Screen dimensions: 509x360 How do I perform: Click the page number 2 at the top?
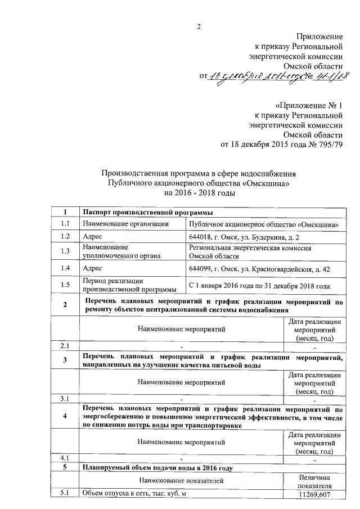tap(199, 26)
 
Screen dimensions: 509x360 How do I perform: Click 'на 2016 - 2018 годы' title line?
tap(199, 192)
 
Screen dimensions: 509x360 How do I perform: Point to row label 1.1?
tap(65, 224)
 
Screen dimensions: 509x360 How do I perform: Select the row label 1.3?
tap(65, 251)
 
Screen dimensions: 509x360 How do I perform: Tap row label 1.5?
tap(65, 285)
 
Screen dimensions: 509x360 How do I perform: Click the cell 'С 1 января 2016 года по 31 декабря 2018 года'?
tap(259, 286)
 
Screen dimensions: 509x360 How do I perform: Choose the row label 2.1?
tap(65, 345)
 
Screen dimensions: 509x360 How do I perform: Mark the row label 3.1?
tap(65, 399)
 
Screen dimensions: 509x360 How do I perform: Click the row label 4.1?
tap(65, 458)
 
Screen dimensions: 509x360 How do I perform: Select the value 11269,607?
tap(314, 494)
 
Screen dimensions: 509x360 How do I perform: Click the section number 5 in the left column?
tap(65, 467)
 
